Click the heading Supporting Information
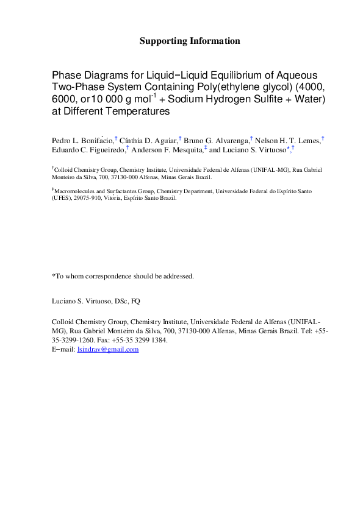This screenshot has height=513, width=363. click(x=190, y=41)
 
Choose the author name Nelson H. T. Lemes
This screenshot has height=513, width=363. click(x=287, y=141)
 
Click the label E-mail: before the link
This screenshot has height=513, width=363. click(x=63, y=349)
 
